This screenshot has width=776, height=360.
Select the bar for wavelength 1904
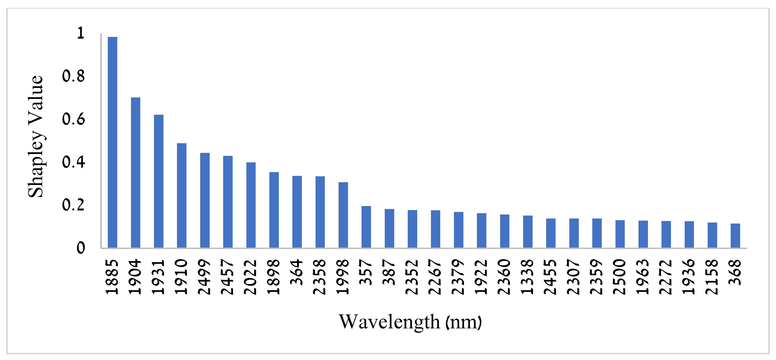point(136,173)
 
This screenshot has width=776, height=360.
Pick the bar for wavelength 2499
point(205,200)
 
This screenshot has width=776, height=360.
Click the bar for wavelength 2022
point(251,205)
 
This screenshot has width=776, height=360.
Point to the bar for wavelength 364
point(297,212)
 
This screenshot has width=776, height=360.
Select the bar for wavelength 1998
point(343,215)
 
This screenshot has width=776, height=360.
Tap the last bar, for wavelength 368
point(735,236)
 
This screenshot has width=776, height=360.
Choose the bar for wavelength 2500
point(620,234)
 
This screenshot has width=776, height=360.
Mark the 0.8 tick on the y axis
point(73,76)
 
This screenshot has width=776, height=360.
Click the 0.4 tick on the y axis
point(73,162)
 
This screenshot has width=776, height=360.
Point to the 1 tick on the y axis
point(80,33)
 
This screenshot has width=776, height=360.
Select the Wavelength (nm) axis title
point(410,322)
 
